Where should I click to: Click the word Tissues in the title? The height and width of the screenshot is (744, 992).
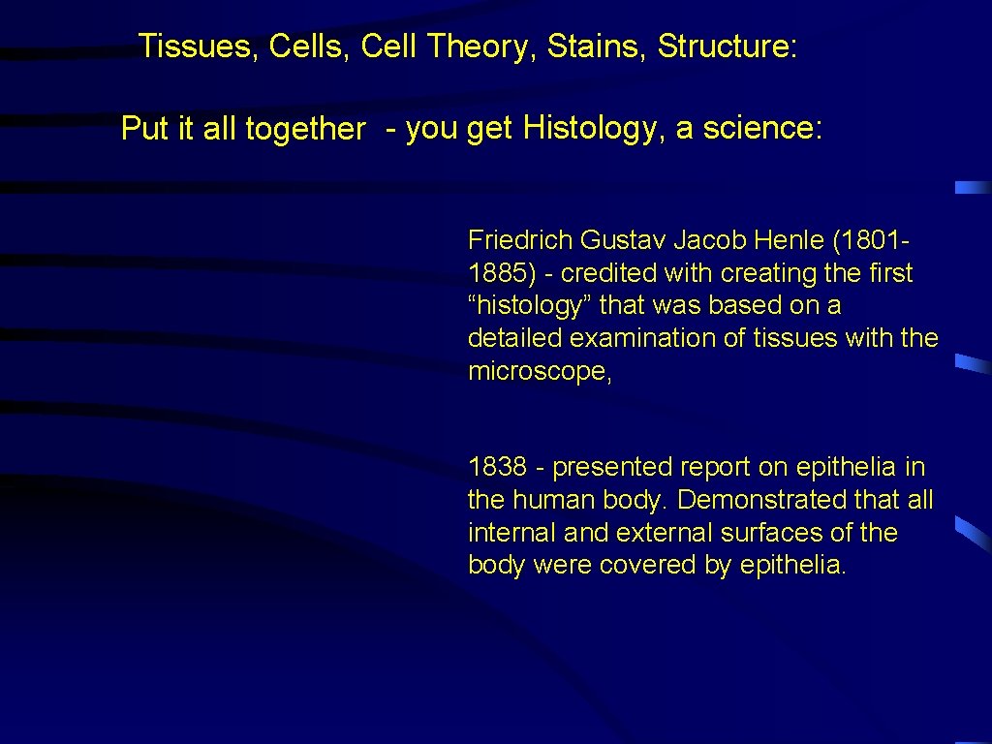(x=192, y=46)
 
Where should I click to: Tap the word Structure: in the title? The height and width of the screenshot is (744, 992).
(x=728, y=46)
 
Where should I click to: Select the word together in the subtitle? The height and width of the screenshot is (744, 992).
(x=305, y=129)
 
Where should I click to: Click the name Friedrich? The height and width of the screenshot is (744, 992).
(x=518, y=240)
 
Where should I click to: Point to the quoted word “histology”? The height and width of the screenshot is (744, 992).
(x=529, y=306)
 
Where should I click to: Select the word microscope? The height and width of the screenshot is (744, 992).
(x=540, y=372)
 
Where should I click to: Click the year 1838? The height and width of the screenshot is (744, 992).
(x=497, y=467)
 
